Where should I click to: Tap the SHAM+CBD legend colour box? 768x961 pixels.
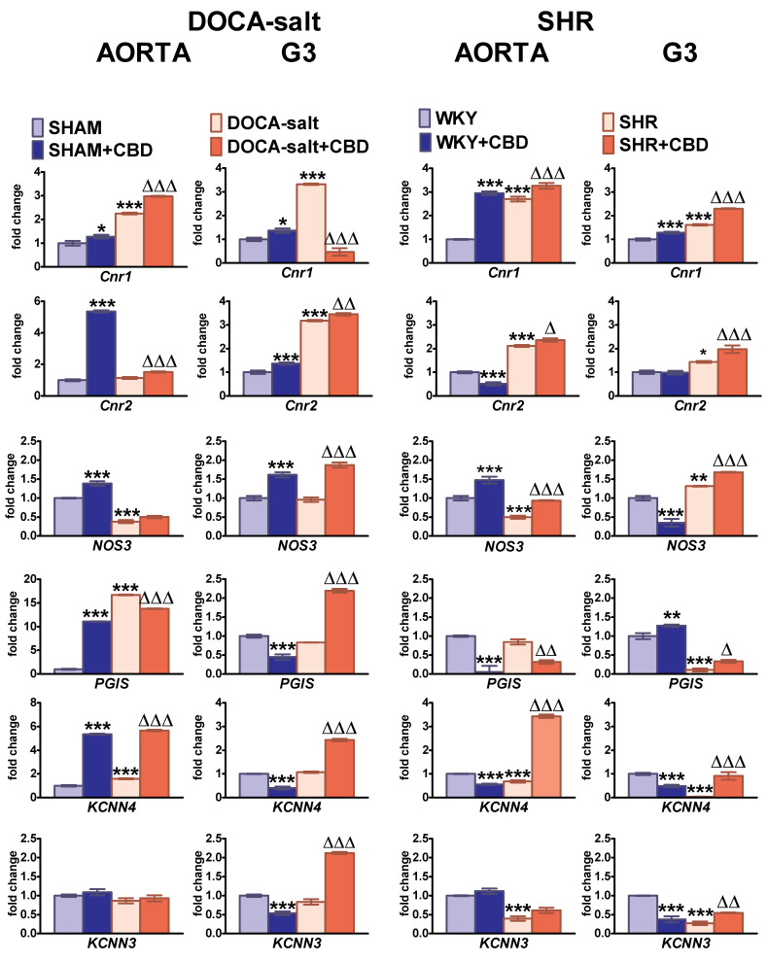39,150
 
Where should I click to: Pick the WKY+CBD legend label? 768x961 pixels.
476,141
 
